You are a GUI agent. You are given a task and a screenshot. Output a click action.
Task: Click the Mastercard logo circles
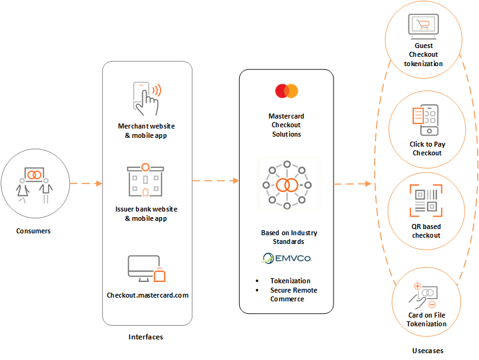point(287,91)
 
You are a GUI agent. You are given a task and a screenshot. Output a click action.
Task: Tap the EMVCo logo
point(287,258)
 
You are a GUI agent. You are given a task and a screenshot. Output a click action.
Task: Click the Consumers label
point(34,231)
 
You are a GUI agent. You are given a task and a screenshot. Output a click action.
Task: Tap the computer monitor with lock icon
point(146,268)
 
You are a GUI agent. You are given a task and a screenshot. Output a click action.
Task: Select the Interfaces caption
point(146,337)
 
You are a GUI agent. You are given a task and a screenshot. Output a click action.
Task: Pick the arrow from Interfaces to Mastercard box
point(215,181)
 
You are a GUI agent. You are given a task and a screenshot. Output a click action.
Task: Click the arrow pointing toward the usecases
point(352,184)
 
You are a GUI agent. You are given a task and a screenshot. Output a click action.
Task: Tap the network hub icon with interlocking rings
point(287,185)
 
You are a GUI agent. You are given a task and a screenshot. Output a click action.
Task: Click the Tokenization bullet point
point(290,281)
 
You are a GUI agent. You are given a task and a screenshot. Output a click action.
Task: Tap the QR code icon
point(427,199)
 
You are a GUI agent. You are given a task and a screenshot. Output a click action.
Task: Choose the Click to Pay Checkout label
point(427,148)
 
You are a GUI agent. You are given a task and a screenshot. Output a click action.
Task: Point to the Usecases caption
point(427,351)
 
